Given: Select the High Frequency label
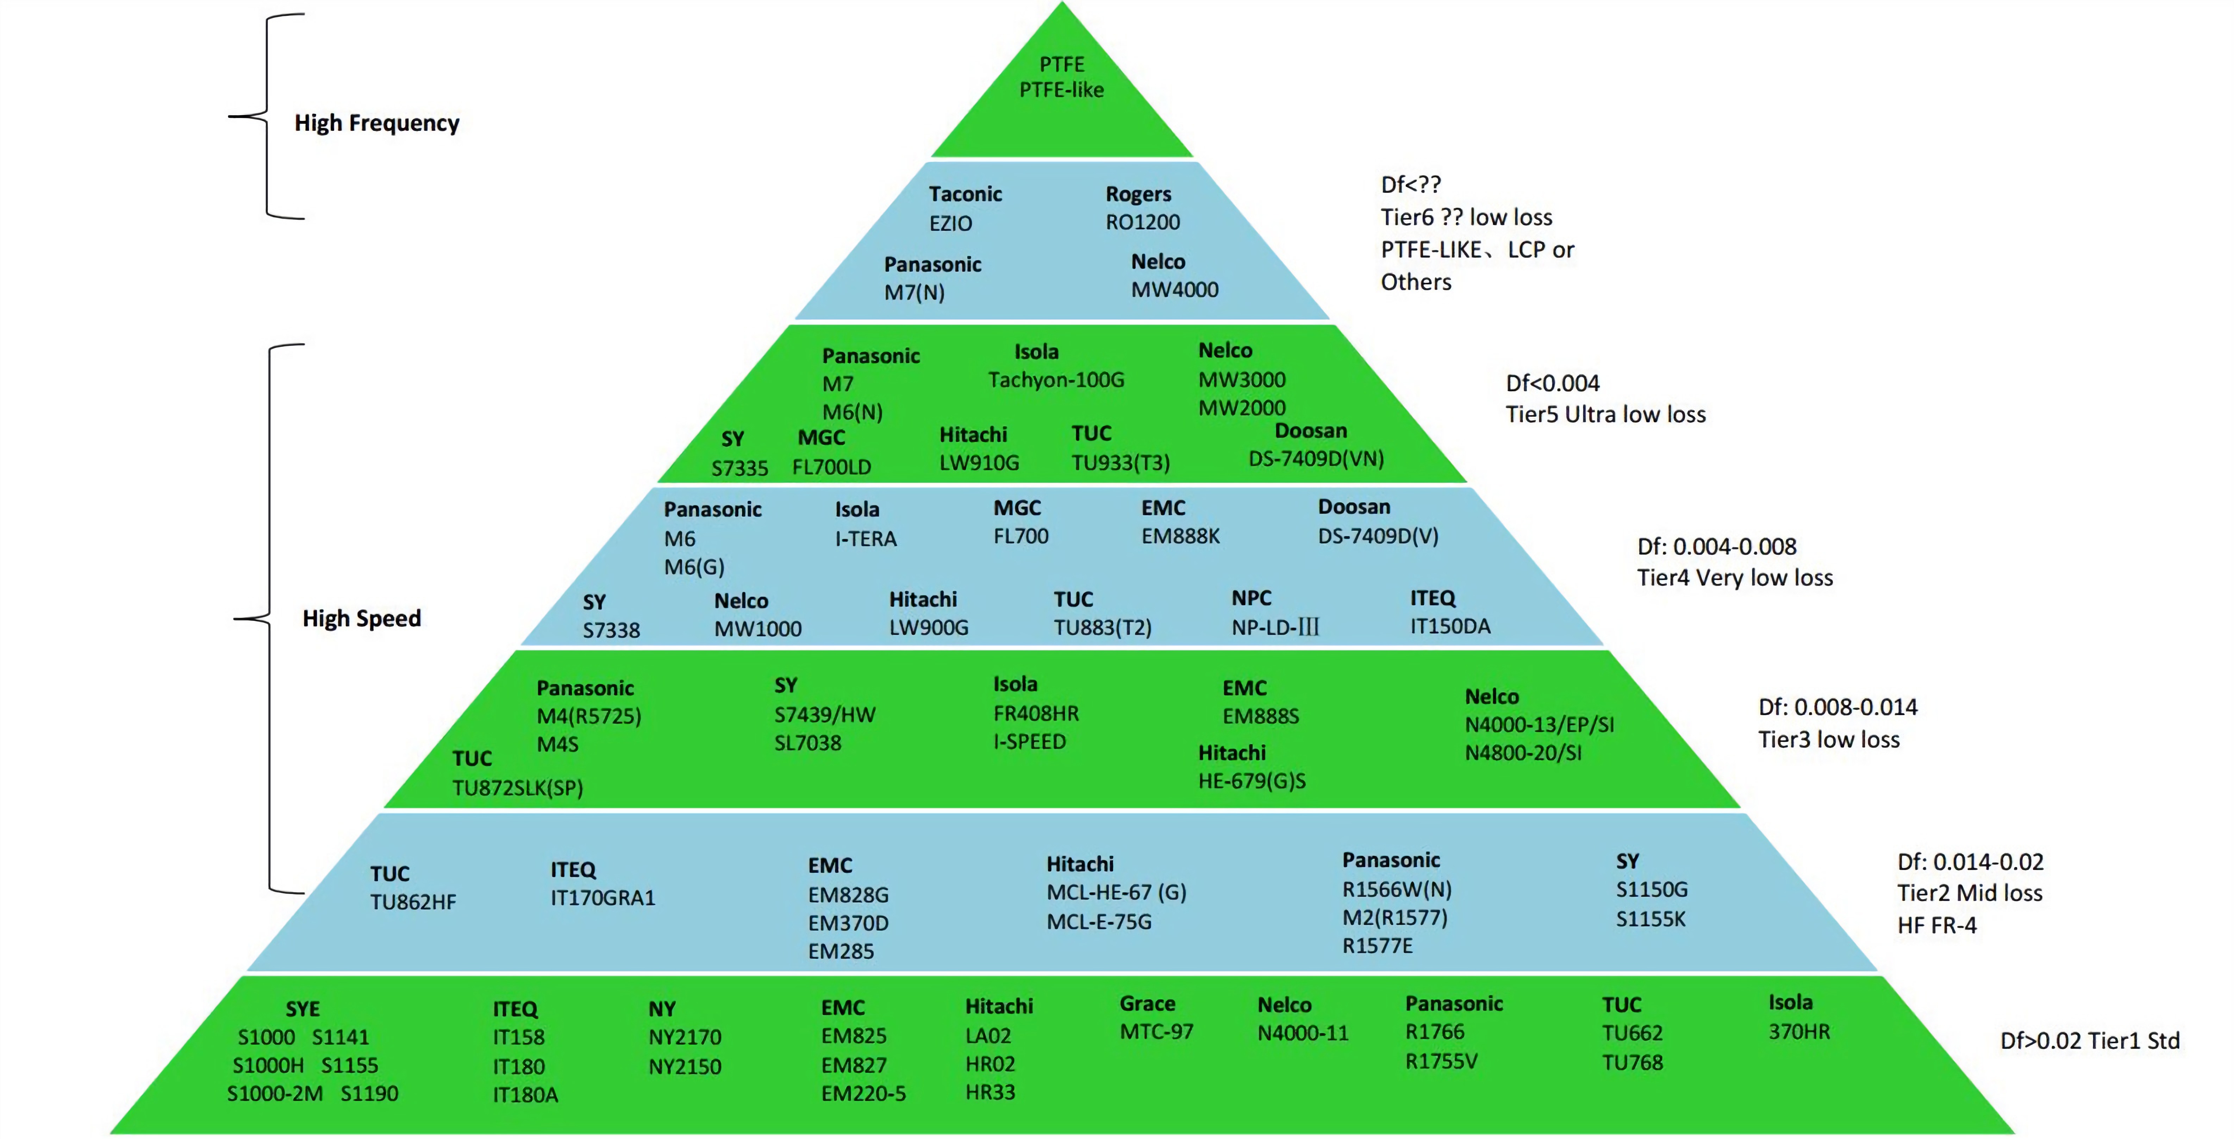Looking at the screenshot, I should (x=376, y=123).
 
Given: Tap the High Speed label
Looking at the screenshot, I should (x=362, y=619).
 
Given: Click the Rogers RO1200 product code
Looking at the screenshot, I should (x=1142, y=223).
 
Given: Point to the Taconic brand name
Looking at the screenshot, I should (x=965, y=194).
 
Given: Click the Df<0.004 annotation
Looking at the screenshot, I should (x=1552, y=383).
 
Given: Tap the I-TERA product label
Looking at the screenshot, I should (x=866, y=539).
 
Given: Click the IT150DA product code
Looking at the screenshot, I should (x=1450, y=627).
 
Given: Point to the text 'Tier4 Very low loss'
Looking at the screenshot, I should (x=1734, y=578).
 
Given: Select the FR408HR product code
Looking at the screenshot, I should (x=1036, y=714).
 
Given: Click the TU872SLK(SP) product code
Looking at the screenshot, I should (x=518, y=788).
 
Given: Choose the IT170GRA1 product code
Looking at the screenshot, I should (x=603, y=898).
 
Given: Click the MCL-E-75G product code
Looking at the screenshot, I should (x=1099, y=922).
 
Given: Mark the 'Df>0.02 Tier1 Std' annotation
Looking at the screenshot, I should (x=2089, y=1041).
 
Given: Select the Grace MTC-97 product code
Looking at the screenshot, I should (x=1156, y=1032).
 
